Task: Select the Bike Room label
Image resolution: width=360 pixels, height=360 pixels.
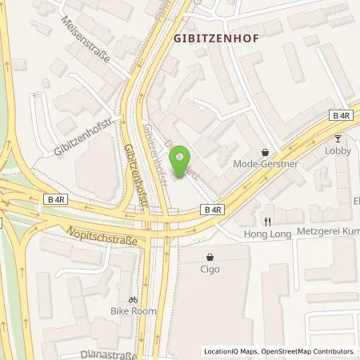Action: coord(134,310)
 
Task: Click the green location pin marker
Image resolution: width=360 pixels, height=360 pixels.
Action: coord(182,156)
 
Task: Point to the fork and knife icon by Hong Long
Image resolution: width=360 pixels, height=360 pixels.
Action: coord(269,222)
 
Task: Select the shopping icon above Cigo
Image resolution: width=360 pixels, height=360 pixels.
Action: coord(210,258)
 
